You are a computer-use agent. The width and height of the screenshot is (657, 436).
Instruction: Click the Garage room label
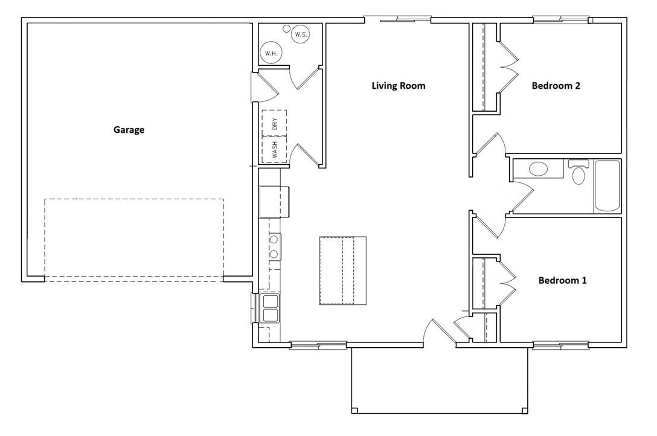(x=129, y=130)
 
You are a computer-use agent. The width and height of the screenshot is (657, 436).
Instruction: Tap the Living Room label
(x=398, y=86)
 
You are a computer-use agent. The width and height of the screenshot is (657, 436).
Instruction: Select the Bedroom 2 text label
(x=556, y=86)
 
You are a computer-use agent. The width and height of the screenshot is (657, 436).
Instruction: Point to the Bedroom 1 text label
(x=562, y=281)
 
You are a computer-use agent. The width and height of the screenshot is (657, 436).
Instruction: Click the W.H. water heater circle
(x=270, y=54)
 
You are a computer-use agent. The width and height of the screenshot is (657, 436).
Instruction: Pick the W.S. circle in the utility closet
(x=301, y=35)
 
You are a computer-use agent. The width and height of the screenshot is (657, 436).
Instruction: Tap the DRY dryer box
(x=274, y=123)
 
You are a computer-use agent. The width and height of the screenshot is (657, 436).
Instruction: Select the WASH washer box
(x=274, y=149)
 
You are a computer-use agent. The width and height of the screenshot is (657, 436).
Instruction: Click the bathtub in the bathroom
(x=607, y=185)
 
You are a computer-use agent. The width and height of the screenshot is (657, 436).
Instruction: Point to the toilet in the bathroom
(x=578, y=173)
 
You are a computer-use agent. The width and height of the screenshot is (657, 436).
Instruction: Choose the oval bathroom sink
(x=539, y=169)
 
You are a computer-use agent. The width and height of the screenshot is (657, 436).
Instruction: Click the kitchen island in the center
(x=342, y=271)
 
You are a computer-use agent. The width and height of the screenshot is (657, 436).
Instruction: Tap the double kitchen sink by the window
(x=269, y=308)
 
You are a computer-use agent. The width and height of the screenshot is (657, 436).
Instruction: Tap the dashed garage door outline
(x=133, y=239)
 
